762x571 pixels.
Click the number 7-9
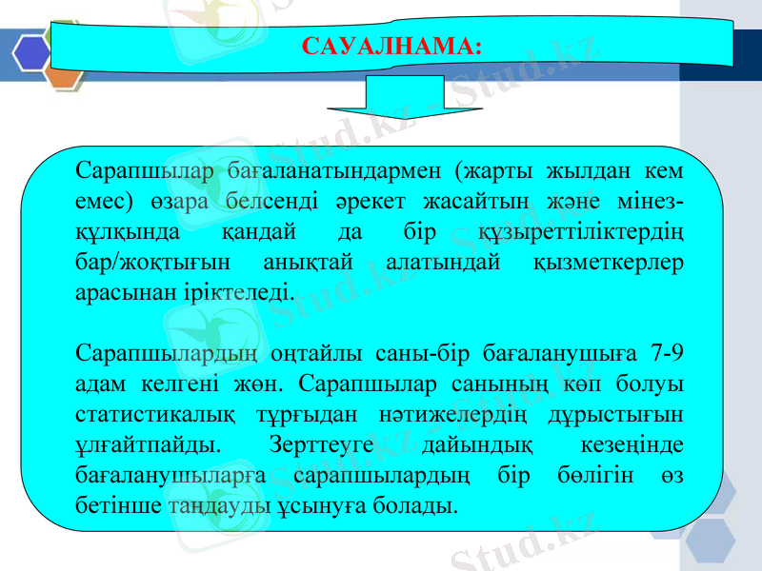tap(662, 353)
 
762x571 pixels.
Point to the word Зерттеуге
tap(331, 443)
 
